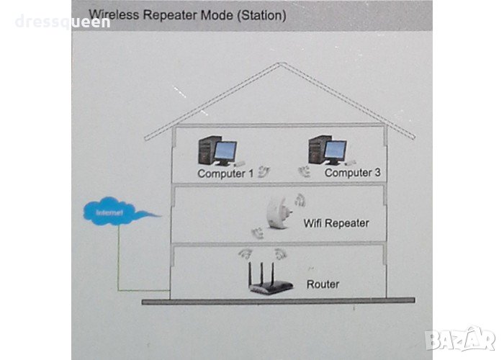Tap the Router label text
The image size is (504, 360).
coord(323,284)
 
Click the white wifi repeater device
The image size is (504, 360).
coord(277,215)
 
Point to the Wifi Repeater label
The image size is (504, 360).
coord(336,223)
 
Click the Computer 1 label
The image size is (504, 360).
coord(225,174)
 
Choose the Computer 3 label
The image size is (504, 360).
coord(352,173)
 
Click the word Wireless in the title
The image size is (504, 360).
coord(110,14)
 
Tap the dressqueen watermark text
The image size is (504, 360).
coord(63,22)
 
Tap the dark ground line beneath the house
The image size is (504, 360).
coord(281,302)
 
